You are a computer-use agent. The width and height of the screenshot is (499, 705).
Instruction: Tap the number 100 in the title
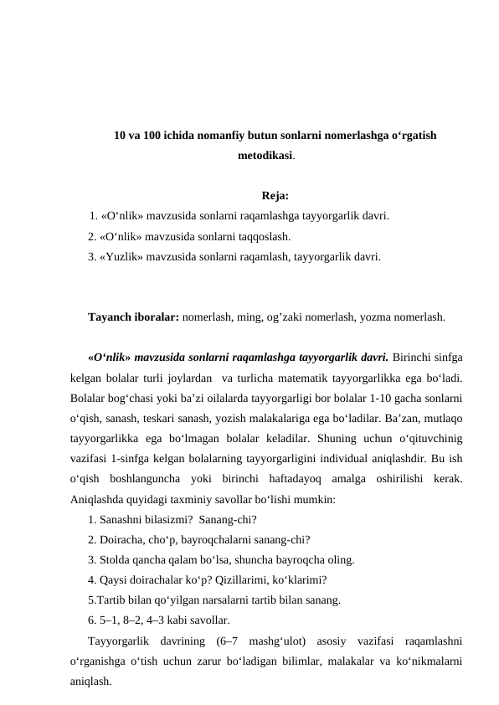click(x=152, y=134)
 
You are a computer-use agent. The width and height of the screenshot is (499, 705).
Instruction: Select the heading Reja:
click(x=275, y=197)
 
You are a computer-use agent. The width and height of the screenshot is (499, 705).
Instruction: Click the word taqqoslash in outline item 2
click(x=264, y=237)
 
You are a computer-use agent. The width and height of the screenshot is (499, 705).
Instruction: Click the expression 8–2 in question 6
click(x=136, y=620)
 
